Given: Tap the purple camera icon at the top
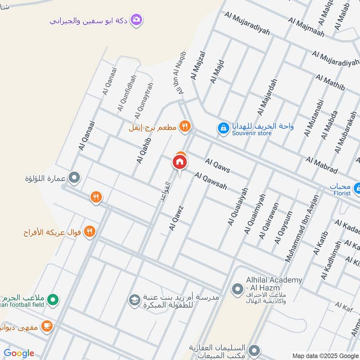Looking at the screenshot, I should tap(137, 20).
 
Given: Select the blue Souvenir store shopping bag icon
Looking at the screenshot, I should tap(223, 128).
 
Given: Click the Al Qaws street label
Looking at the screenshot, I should tap(217, 165).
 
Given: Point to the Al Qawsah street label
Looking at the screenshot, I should tap(211, 180).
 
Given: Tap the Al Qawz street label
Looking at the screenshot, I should tap(176, 218).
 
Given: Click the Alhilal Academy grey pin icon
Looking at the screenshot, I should tap(237, 288).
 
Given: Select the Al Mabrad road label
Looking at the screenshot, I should tap(321, 165).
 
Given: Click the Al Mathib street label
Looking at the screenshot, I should tap(330, 83).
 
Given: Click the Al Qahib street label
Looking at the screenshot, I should tap(144, 150).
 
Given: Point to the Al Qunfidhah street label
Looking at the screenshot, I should tap(126, 94).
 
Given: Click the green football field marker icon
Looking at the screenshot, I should tap(53, 299).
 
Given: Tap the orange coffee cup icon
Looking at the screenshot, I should tap(46, 326).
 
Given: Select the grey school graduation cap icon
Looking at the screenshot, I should tap(134, 299).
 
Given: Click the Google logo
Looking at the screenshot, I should tap(19, 353).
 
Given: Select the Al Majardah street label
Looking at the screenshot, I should tap(267, 97).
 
